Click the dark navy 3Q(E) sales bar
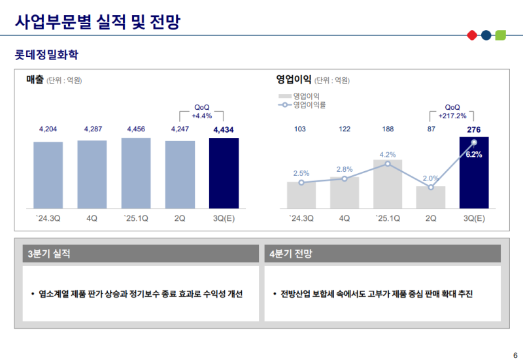224,173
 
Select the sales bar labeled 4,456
136,173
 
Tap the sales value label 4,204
48,129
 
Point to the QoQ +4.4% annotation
202,112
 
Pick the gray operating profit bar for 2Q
431,197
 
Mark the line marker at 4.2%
388,164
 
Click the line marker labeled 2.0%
431,188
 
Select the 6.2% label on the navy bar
474,155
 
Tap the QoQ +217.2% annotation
452,112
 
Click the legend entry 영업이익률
309,105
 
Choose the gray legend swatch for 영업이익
284,96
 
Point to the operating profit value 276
474,129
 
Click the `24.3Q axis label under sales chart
48,218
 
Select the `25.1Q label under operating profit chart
388,218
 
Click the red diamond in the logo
472,35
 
